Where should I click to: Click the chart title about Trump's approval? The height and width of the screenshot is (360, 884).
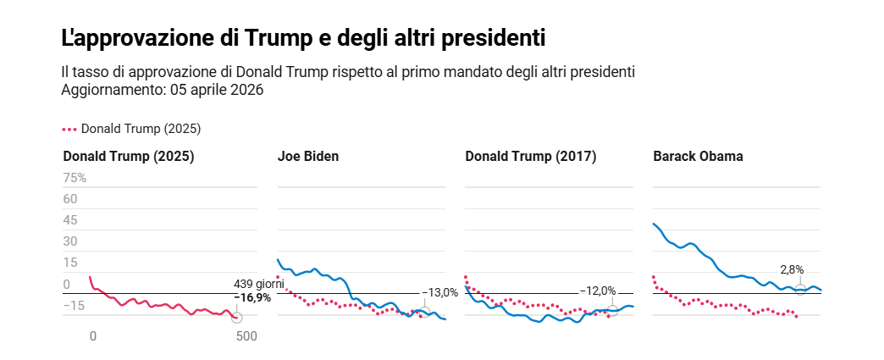[x=302, y=39]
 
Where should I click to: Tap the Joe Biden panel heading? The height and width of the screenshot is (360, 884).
[x=308, y=157]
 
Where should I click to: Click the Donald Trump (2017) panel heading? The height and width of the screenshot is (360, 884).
[x=531, y=157]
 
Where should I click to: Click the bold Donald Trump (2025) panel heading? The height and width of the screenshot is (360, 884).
[x=129, y=157]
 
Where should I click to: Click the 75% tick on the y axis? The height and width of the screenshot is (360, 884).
[x=75, y=178]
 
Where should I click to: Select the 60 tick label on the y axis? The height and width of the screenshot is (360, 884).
[x=70, y=199]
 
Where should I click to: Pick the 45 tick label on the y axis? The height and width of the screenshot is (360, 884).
[x=70, y=220]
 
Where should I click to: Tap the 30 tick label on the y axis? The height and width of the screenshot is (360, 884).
[x=70, y=241]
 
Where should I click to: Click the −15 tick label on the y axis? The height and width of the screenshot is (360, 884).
[x=75, y=305]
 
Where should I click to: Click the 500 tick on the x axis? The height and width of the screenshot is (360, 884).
[x=246, y=336]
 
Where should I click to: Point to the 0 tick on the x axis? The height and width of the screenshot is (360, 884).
[x=93, y=336]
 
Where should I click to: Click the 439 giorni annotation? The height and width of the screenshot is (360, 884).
[x=258, y=285]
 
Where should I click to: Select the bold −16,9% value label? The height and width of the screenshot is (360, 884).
[x=252, y=297]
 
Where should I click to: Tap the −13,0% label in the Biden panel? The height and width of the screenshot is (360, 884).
[x=439, y=292]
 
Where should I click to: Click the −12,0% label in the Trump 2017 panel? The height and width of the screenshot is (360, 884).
[x=598, y=291]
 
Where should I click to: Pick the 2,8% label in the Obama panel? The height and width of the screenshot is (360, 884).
[x=792, y=269]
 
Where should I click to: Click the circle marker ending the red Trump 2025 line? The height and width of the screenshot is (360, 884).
[x=236, y=318]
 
